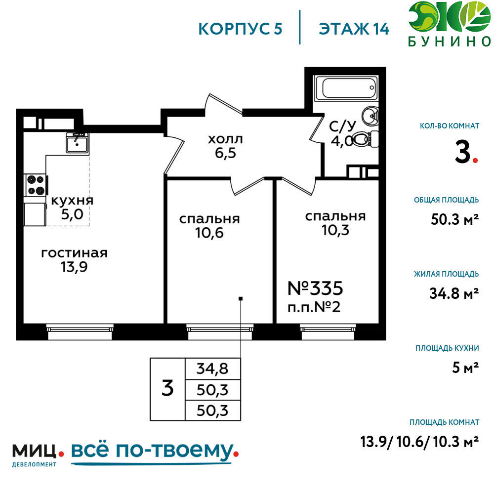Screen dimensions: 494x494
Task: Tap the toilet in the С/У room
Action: [364, 139]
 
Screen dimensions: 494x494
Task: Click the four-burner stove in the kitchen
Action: [36, 185]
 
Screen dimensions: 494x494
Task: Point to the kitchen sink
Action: [77, 143]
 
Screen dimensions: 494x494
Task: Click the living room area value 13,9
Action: [74, 267]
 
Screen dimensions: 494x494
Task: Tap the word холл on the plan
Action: [225, 139]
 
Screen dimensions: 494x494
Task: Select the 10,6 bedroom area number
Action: [209, 233]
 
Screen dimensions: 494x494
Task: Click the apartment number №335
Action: [315, 288]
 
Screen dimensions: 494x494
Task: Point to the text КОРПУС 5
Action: [240, 29]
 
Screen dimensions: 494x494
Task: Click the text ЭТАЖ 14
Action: [354, 29]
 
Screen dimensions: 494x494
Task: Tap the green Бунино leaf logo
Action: [450, 17]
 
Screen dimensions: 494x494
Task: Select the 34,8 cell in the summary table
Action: [212, 369]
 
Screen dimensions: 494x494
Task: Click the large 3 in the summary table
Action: [167, 388]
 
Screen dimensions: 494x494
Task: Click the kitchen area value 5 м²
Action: [465, 368]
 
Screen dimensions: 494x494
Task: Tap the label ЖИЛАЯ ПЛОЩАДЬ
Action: [447, 274]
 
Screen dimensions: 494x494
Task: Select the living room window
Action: [80, 332]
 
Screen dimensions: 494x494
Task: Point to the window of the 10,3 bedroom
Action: [328, 332]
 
